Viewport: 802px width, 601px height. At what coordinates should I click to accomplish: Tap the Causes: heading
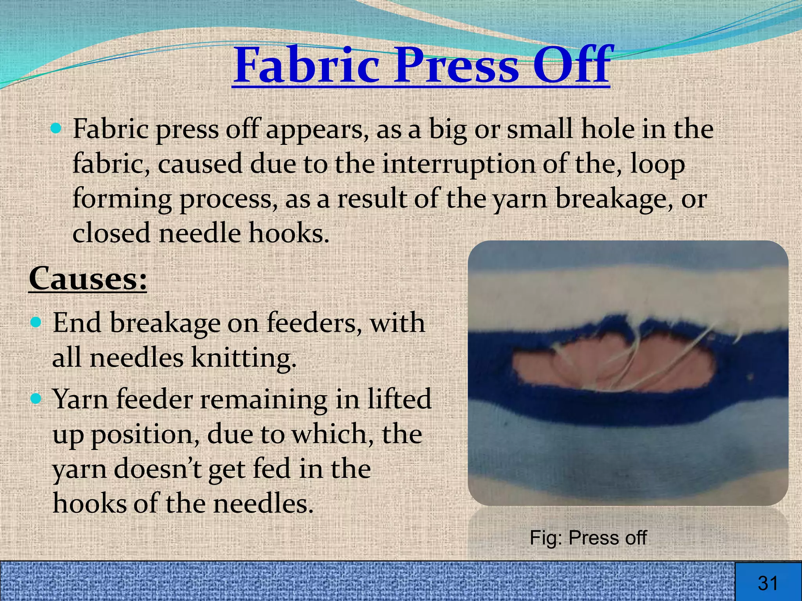pyautogui.click(x=88, y=278)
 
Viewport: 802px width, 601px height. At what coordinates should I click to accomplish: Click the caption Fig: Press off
pyautogui.click(x=588, y=538)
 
